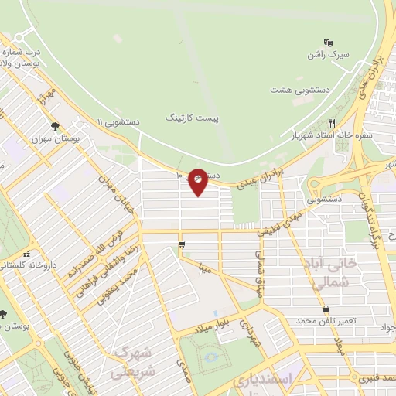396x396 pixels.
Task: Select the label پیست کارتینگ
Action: tap(193, 118)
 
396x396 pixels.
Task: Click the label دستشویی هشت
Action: tap(300, 90)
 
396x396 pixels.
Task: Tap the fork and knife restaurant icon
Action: tap(332, 122)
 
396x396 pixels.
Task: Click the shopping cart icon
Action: tap(181, 244)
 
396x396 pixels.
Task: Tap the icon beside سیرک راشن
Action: tap(328, 43)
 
